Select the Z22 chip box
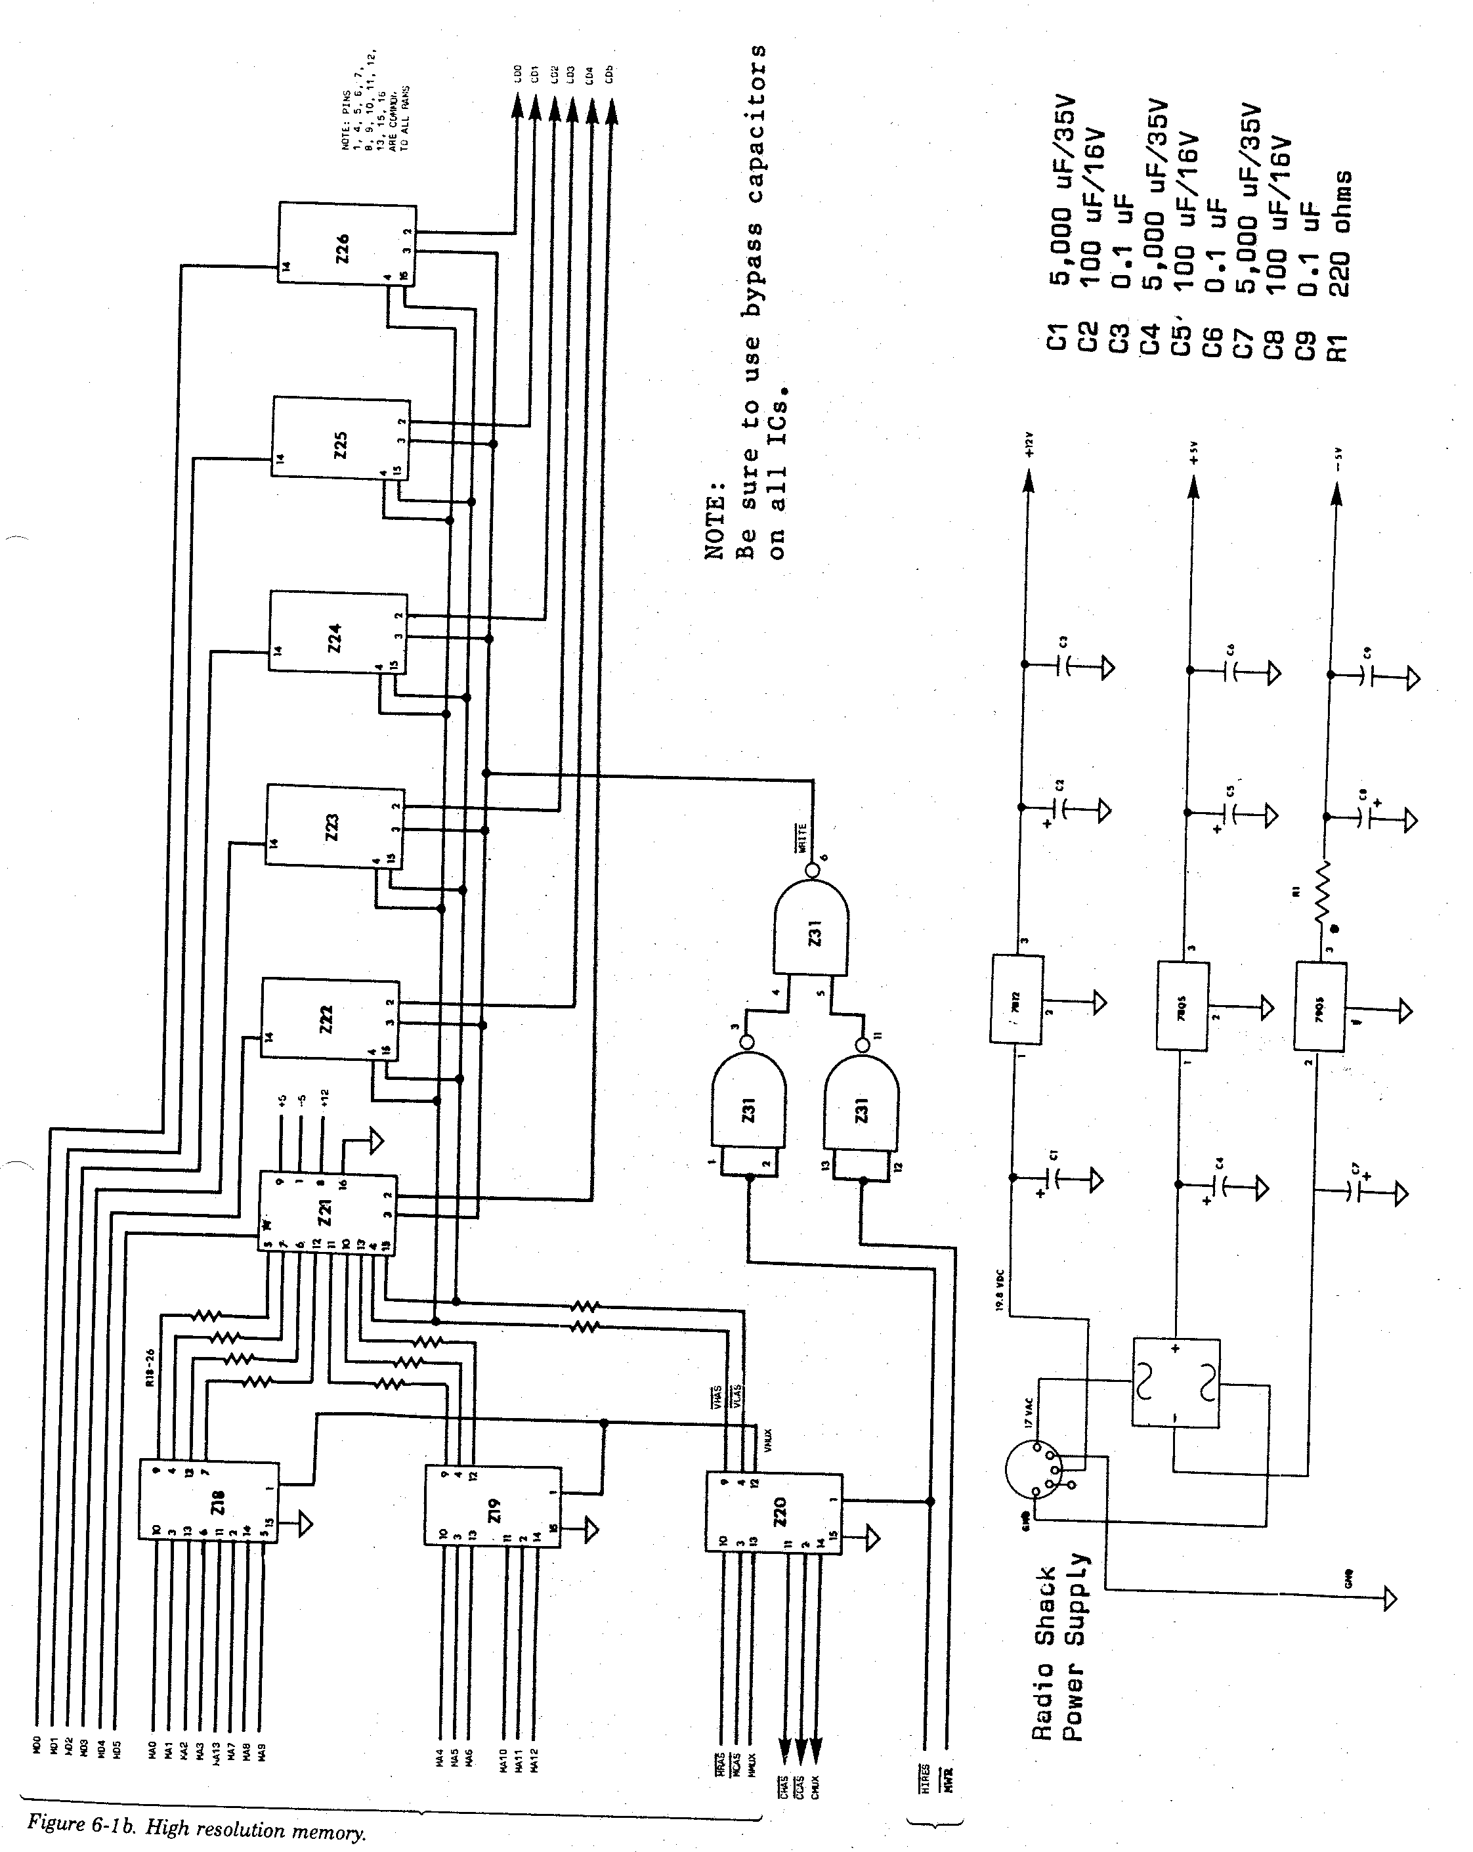330,1020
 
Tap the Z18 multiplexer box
208,1501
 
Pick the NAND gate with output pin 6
811,930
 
